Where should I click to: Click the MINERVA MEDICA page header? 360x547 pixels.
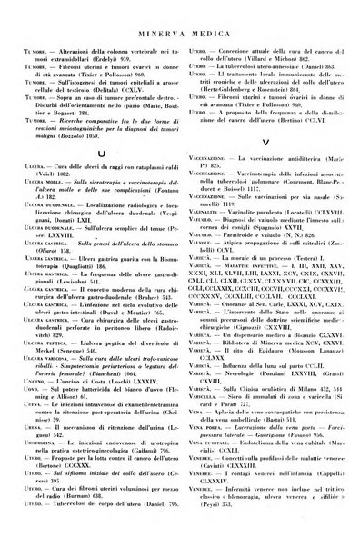tap(180, 13)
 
